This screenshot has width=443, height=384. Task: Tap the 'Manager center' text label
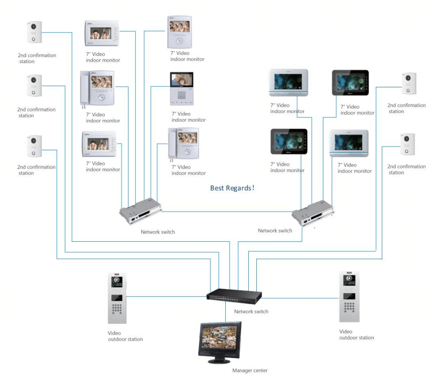pos(250,370)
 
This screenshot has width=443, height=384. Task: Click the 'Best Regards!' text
pos(232,188)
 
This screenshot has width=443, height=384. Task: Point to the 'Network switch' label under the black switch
pos(251,312)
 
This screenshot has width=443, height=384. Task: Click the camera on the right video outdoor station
pos(349,280)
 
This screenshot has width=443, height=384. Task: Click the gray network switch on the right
pos(313,212)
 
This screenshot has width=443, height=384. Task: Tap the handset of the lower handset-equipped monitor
pos(171,144)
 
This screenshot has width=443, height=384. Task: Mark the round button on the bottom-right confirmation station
pos(407,151)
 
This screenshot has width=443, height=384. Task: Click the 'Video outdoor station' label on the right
pos(356,334)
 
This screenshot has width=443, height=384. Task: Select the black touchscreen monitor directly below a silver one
pos(289,142)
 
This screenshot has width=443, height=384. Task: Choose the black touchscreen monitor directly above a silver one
pos(350,83)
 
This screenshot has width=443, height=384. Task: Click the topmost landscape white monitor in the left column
pos(102,33)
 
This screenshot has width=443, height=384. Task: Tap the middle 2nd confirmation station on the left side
pos(34,86)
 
